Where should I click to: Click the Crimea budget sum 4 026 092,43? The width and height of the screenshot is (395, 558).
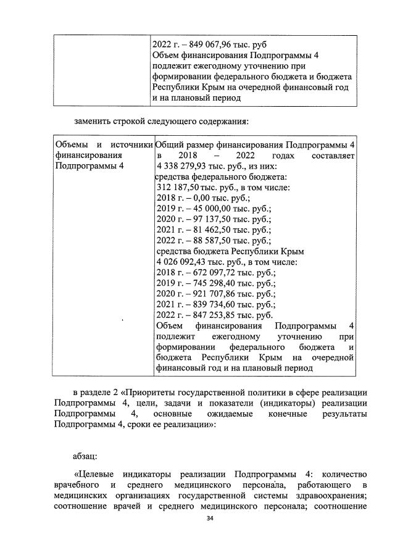click(184, 262)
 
